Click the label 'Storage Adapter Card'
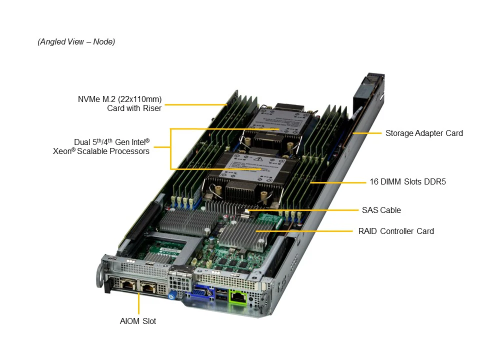click(424, 133)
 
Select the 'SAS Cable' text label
click(381, 210)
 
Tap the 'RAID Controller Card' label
click(396, 231)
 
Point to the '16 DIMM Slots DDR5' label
click(407, 181)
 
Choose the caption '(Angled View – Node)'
click(76, 41)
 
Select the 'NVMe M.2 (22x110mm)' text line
click(119, 99)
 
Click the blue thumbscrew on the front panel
click(173, 294)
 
